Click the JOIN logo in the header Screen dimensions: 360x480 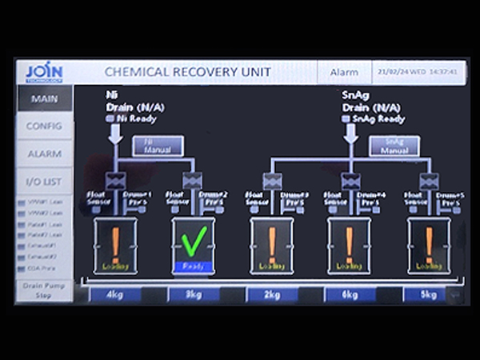pos(43,72)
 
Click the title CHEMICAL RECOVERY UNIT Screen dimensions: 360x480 pos(188,73)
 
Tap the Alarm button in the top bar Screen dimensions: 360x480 pos(346,73)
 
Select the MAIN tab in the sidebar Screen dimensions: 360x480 pos(44,99)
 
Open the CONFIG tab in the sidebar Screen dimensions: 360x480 pos(44,126)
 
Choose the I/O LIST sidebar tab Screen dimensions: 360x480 pos(44,182)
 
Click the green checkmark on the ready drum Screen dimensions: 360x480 pos(194,238)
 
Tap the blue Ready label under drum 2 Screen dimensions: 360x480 pos(194,266)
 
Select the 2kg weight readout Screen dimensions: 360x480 pos(272,294)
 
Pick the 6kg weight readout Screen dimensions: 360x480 pos(350,294)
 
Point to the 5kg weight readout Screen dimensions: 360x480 pos(428,294)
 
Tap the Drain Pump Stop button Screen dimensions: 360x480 pos(43,290)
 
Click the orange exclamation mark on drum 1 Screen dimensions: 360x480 pos(115,242)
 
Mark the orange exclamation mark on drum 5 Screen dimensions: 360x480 pos(429,242)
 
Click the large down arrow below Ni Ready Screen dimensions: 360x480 pos(116,134)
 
